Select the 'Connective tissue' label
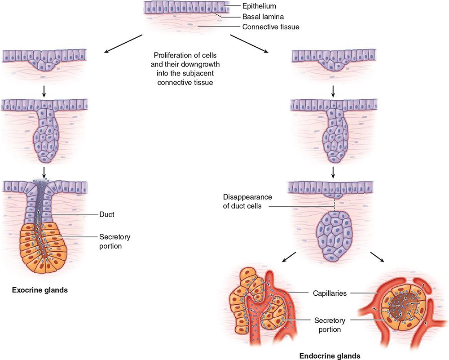tap(271, 27)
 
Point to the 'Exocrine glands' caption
tap(40, 290)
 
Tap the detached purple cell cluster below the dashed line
tap(335, 236)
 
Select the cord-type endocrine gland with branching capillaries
tap(256, 310)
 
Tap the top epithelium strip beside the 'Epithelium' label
tap(184, 8)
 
